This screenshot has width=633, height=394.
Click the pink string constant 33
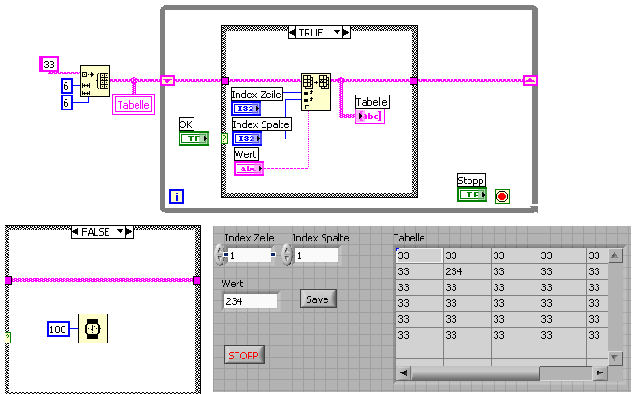pos(50,65)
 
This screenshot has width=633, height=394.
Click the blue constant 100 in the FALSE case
pos(59,328)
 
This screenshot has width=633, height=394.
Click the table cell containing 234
pos(465,271)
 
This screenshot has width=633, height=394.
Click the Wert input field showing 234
pos(250,300)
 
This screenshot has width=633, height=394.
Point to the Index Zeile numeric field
pos(248,255)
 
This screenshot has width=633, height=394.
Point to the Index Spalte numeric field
pos(316,255)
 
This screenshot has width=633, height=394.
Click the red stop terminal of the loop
pos(502,196)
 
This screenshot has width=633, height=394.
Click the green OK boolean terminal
pos(194,139)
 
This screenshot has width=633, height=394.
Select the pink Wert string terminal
pos(248,168)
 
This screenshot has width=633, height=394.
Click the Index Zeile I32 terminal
pos(246,109)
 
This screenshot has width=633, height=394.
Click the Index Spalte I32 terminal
pos(246,139)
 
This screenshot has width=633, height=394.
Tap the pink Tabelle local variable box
pos(134,105)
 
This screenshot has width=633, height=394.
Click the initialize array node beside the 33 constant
pos(95,80)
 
